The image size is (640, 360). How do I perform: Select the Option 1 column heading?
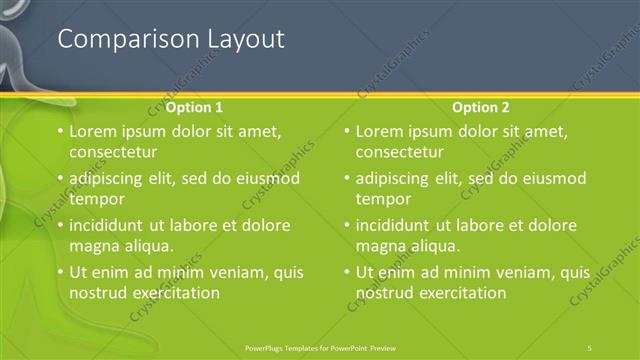pyautogui.click(x=194, y=107)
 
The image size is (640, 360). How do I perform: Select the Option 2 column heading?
pyautogui.click(x=481, y=107)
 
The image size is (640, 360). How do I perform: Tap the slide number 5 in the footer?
pyautogui.click(x=591, y=347)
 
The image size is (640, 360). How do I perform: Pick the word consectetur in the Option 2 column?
pyautogui.click(x=400, y=152)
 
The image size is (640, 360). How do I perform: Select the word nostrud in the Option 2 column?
pyautogui.click(x=383, y=293)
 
